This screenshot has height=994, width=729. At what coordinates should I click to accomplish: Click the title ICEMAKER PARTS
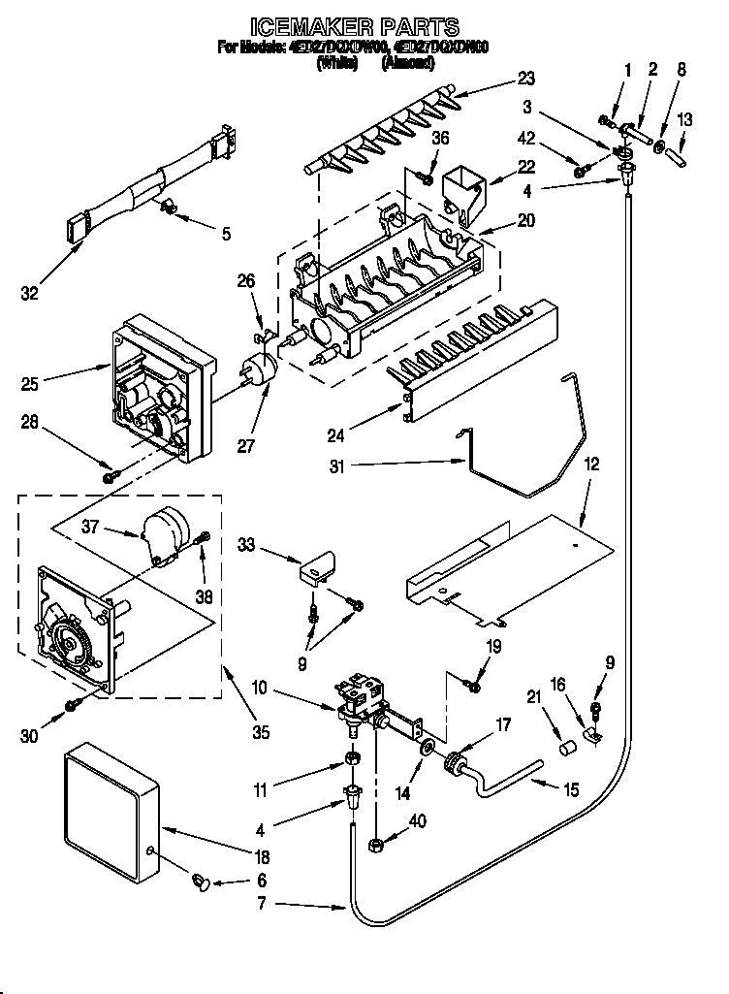[355, 27]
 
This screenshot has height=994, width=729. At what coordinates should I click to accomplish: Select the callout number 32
[31, 294]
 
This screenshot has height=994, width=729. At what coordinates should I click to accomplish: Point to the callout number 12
[590, 465]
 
